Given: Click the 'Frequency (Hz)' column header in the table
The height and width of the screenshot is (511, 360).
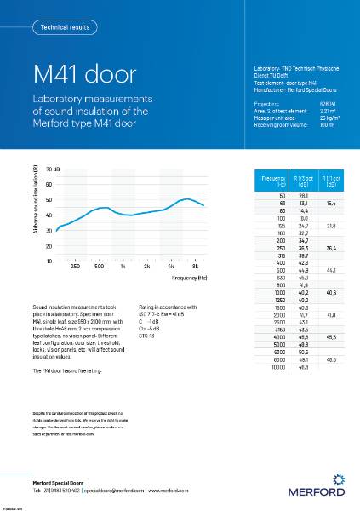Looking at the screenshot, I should coord(273,181).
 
